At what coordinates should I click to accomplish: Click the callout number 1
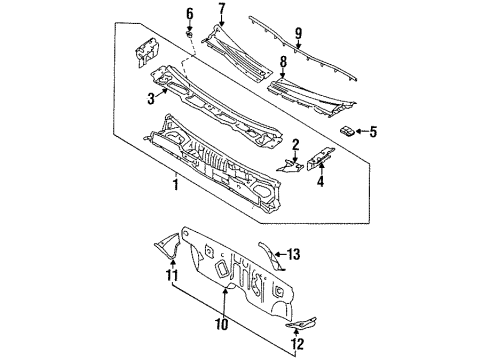[x=175, y=184]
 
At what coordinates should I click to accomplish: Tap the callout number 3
[x=151, y=99]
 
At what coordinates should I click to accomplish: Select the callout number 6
[x=189, y=14]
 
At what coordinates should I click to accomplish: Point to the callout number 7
[x=222, y=9]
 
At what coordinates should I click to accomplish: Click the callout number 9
[x=298, y=33]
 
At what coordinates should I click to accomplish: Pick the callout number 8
[x=283, y=62]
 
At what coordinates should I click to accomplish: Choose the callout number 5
[x=373, y=132]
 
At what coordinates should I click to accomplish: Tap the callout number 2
[x=296, y=145]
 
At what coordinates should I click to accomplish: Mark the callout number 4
[x=320, y=182]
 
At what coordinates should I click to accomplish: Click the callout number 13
[x=293, y=254]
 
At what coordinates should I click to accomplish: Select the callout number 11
[x=172, y=275]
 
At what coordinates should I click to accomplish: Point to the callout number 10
[x=222, y=324]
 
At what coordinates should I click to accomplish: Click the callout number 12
[x=297, y=344]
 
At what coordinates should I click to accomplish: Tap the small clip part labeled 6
[x=189, y=34]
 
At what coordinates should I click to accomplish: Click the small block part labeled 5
[x=347, y=131]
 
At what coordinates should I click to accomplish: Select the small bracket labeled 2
[x=289, y=166]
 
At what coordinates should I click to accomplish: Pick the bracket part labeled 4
[x=320, y=158]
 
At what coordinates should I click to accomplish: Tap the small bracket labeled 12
[x=301, y=322]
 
